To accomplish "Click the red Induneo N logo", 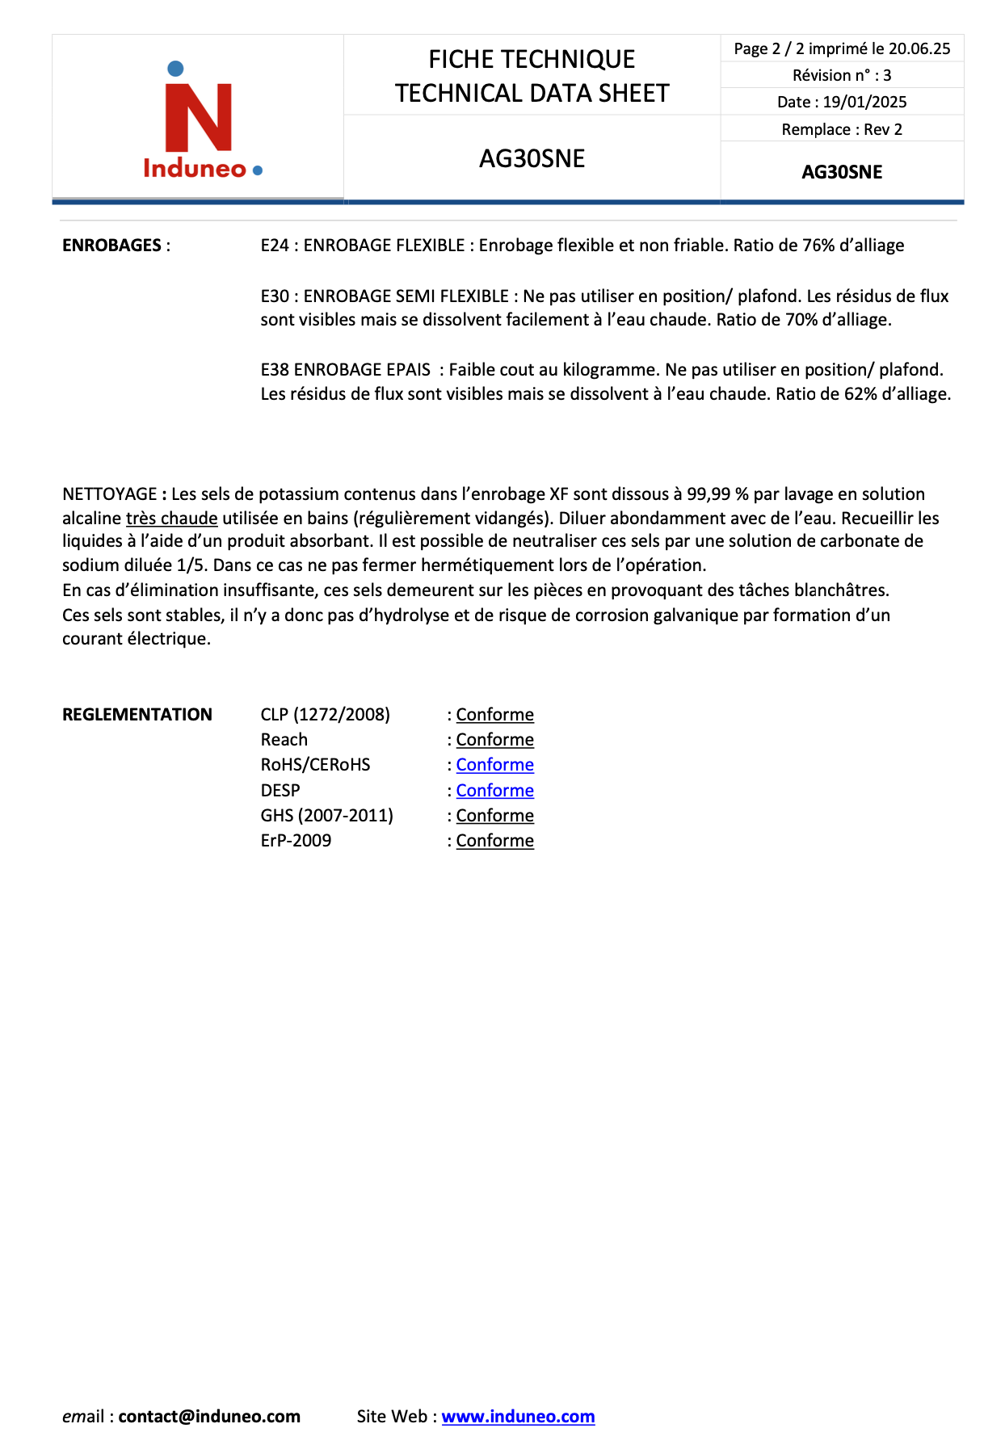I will tap(198, 117).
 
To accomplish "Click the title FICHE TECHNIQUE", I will tap(532, 59).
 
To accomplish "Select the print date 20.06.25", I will tap(919, 48).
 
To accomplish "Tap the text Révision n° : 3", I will tap(842, 75).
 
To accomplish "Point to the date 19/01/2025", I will tap(864, 102).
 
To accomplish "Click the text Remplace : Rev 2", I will tap(842, 129).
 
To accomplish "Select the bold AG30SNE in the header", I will tap(842, 172).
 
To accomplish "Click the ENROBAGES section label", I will tap(111, 246).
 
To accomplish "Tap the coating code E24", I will tap(275, 246).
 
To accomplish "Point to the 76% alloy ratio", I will tap(818, 246).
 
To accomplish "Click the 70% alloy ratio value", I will tap(801, 320).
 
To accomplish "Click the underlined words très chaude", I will tap(171, 519).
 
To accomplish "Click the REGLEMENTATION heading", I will tap(137, 715).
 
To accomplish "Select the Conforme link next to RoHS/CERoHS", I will tap(494, 765).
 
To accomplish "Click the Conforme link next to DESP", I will tap(494, 791).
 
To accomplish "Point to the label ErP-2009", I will tap(296, 841).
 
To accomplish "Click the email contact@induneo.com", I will tap(209, 1416).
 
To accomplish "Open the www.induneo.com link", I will tap(518, 1416).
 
